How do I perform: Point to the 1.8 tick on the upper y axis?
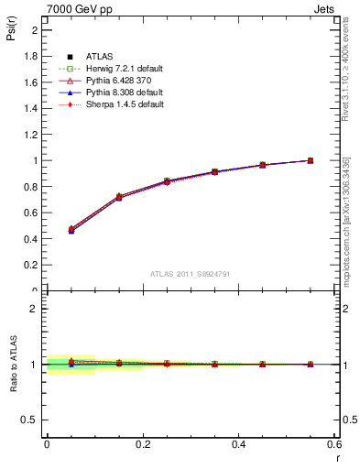point(33,56)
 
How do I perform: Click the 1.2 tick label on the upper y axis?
point(33,135)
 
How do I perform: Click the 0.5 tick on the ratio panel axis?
point(33,420)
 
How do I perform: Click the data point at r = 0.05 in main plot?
point(71,229)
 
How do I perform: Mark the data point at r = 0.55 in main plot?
point(311,160)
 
